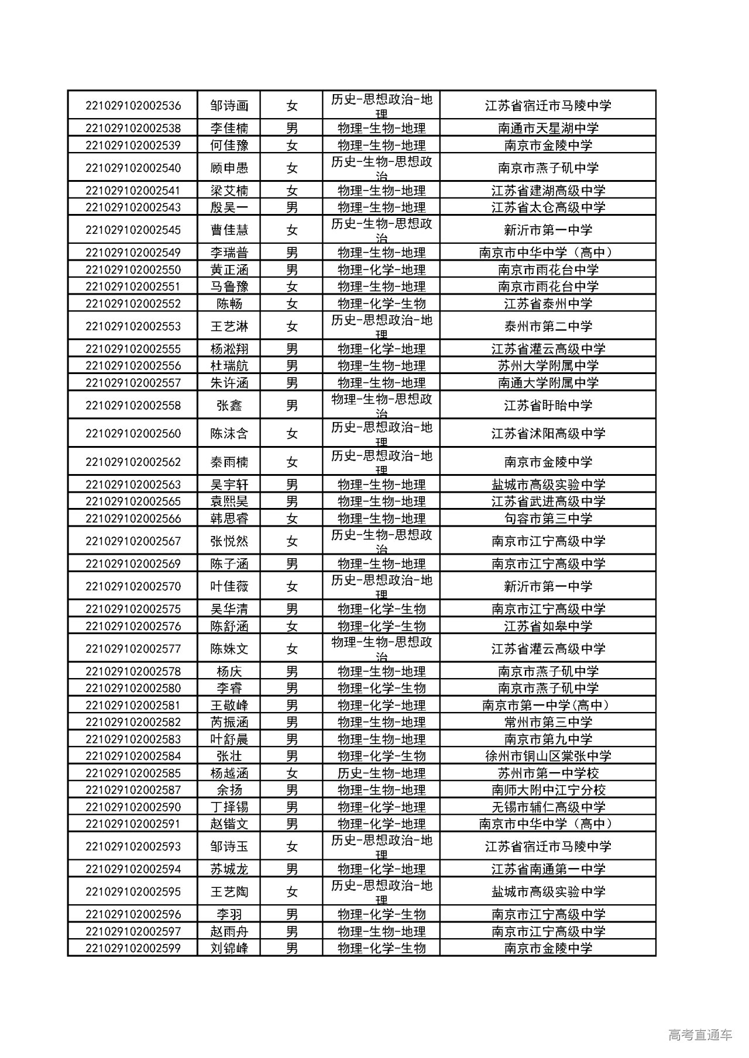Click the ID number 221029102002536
tap(133, 106)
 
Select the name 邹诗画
tap(229, 106)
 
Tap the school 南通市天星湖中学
tap(548, 128)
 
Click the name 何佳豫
tap(229, 145)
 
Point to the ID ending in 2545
tap(133, 230)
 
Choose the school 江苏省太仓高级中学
tap(548, 208)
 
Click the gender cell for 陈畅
tap(291, 304)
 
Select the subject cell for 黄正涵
tap(381, 270)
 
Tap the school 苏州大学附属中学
tap(548, 366)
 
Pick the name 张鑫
tap(229, 406)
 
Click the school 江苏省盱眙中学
tap(548, 406)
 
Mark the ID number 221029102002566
tap(133, 518)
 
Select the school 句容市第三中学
tap(548, 518)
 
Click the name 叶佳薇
tap(229, 586)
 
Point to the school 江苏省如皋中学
tap(548, 626)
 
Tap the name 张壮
tap(229, 756)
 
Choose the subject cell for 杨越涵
tap(381, 773)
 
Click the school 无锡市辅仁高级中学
tap(548, 807)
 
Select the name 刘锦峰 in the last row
tap(229, 948)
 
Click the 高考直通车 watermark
tap(699, 1034)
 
